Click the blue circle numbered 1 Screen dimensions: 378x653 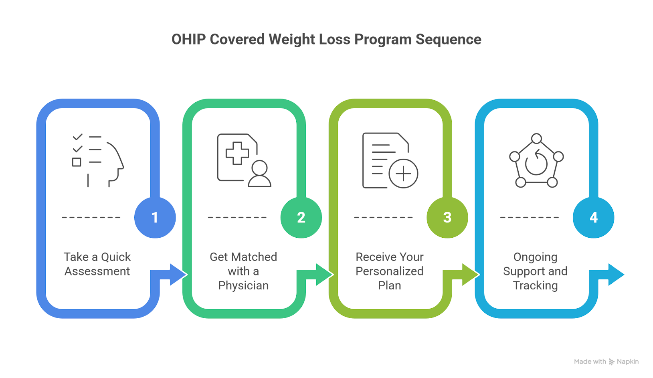click(x=155, y=218)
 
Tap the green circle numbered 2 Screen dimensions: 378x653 click(x=301, y=218)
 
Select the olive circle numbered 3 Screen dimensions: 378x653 click(x=447, y=218)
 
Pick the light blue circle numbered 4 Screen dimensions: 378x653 click(x=593, y=218)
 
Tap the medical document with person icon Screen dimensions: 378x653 click(x=244, y=160)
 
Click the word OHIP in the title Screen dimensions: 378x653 click(x=188, y=39)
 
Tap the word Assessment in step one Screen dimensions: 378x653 click(x=97, y=271)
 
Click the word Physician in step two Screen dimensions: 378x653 click(x=243, y=286)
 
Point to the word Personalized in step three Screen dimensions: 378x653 click(x=389, y=271)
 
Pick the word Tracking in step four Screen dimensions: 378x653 click(x=536, y=286)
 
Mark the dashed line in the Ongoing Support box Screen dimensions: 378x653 click(x=529, y=218)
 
